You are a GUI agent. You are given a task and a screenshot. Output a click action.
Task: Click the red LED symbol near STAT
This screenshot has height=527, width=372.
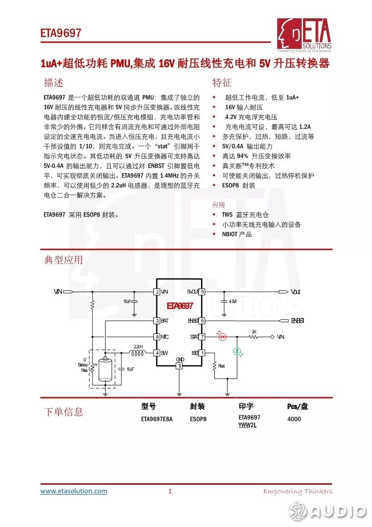point(223,336)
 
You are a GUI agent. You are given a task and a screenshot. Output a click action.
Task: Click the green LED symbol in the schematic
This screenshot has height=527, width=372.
point(237,351)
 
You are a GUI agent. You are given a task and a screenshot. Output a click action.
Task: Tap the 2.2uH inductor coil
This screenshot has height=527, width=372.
point(137,352)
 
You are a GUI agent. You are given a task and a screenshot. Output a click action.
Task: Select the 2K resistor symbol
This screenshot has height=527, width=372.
point(254,337)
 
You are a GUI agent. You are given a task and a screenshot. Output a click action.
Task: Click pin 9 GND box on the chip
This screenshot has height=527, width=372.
point(179,365)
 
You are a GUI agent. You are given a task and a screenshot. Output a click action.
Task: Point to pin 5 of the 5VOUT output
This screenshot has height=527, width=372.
point(202,292)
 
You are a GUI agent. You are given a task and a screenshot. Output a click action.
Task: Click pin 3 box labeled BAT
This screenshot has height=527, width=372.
point(157,321)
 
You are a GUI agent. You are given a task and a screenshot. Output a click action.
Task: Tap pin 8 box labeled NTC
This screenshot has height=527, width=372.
point(157,337)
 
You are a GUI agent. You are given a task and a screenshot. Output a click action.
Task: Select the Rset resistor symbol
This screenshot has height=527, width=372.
point(215,365)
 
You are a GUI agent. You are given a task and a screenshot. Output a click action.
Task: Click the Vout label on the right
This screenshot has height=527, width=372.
point(295,292)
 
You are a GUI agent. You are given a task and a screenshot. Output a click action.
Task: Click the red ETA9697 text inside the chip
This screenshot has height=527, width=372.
point(180,306)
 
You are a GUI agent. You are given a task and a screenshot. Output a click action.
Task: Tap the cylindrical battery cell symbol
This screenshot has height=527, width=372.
point(106,369)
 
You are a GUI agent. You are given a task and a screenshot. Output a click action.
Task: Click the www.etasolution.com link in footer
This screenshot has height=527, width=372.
point(74,491)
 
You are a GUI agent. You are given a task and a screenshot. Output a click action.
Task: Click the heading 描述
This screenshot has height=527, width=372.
point(53,83)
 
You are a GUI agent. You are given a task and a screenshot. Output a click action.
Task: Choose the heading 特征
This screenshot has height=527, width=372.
point(222,83)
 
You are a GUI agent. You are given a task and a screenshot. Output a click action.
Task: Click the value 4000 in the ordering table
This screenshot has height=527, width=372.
point(294,419)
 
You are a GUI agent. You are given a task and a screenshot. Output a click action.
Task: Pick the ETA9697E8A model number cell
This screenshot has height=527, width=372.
point(157,419)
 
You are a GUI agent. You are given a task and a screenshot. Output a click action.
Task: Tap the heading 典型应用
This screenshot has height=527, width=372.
point(63,260)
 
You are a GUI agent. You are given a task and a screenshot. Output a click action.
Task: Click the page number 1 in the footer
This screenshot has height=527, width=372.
point(170,491)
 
